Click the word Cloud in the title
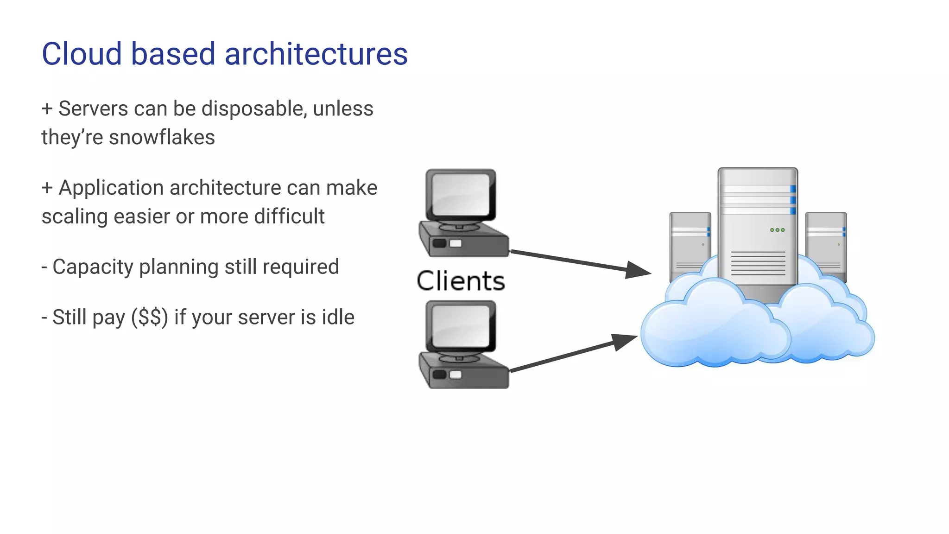click(82, 54)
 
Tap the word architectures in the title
click(316, 54)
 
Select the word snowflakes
click(162, 137)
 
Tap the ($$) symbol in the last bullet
click(150, 318)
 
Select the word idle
click(337, 318)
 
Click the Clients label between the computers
click(461, 281)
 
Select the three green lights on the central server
click(777, 230)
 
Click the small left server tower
click(690, 241)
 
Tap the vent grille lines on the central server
click(758, 263)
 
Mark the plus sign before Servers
click(47, 108)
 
